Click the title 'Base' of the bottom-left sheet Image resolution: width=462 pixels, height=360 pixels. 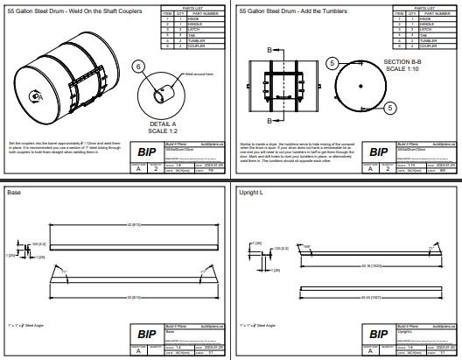14,192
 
